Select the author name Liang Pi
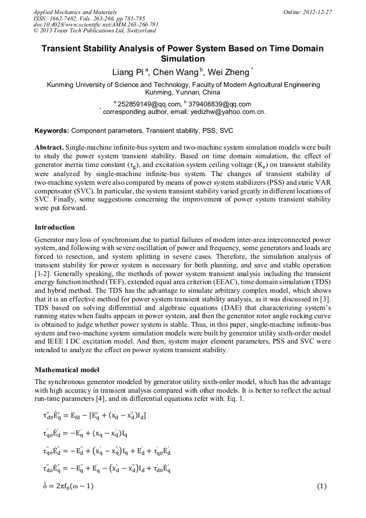click(x=128, y=72)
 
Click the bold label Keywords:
click(x=52, y=131)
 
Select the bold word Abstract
click(x=49, y=147)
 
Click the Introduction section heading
click(x=55, y=227)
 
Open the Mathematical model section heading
click(x=67, y=370)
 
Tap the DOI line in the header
click(x=96, y=25)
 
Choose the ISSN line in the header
click(x=87, y=18)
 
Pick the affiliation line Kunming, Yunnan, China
click(x=183, y=92)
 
